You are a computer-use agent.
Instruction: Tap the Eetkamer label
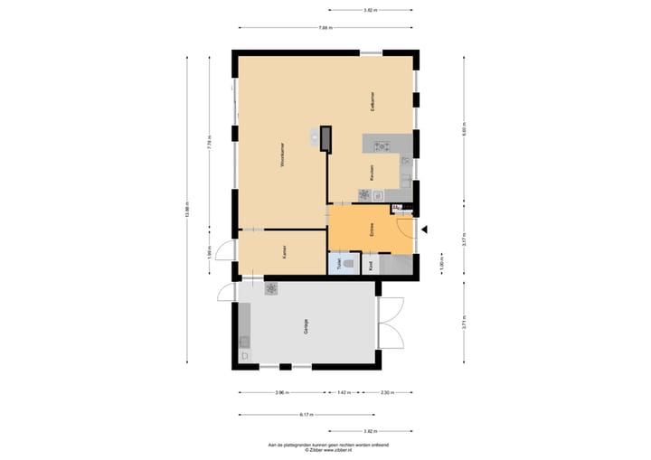point(372,101)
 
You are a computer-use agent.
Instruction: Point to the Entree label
point(372,229)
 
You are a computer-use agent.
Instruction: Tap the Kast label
point(372,265)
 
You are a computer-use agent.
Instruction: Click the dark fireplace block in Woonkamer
point(326,137)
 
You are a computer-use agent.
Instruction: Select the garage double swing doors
point(391,321)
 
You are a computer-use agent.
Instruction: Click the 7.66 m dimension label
point(325,28)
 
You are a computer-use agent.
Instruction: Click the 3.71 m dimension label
point(463,323)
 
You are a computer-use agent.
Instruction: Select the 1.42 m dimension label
point(344,393)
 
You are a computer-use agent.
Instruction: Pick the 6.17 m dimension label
point(306,415)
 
